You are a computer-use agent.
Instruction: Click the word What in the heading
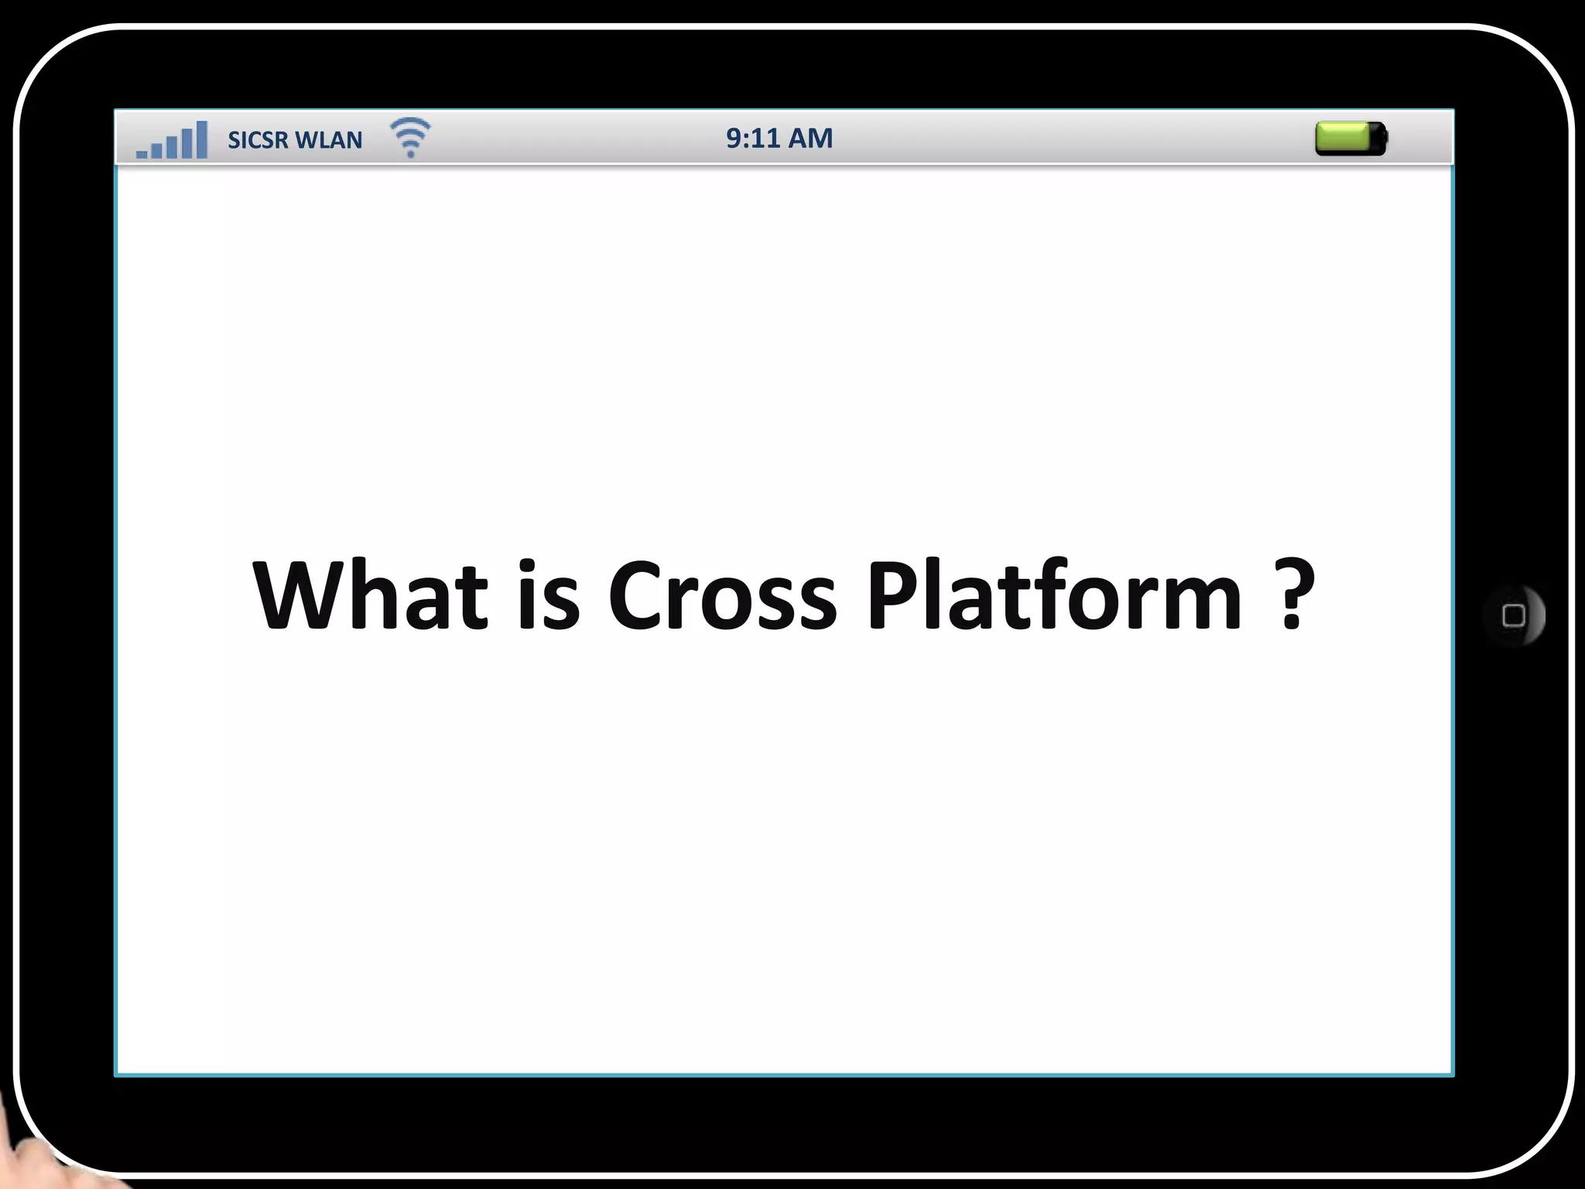(x=370, y=594)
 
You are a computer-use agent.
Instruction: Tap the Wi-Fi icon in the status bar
(x=410, y=137)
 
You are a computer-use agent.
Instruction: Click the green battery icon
(x=1351, y=139)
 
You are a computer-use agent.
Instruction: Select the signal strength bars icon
(x=172, y=140)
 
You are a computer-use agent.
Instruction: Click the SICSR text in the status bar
(x=258, y=140)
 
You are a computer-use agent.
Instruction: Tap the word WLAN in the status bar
(x=329, y=140)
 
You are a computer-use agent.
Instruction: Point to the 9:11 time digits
(x=752, y=139)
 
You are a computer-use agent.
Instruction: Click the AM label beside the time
(x=810, y=139)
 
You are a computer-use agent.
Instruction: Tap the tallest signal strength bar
(x=202, y=139)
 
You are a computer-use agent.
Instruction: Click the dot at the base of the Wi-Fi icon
(x=411, y=154)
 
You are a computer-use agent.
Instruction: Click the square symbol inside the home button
(x=1513, y=616)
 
